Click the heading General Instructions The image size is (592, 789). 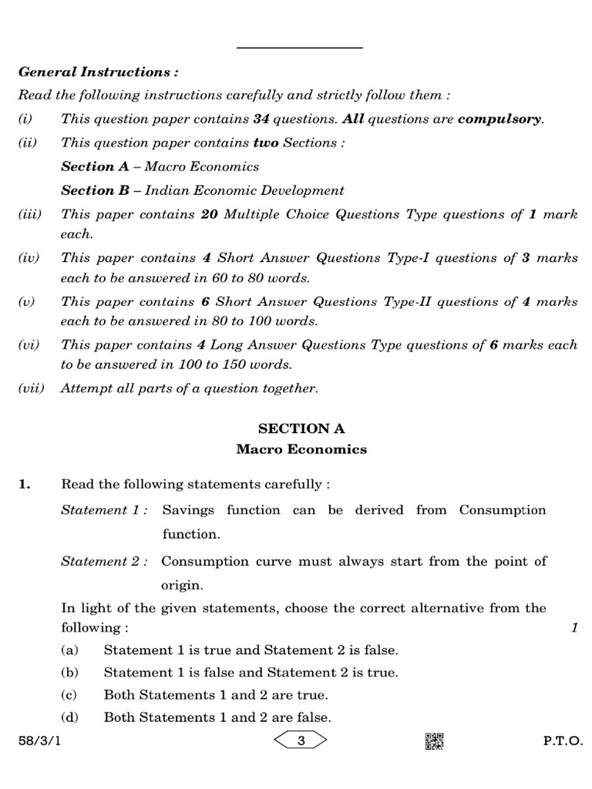click(x=98, y=72)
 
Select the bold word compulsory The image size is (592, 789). click(x=499, y=120)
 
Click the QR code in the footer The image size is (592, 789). click(x=434, y=741)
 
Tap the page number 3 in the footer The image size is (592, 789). click(x=301, y=741)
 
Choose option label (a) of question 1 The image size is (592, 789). click(x=70, y=650)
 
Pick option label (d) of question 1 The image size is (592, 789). click(x=70, y=717)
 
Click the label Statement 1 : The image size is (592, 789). click(x=105, y=510)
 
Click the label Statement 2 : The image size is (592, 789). click(x=105, y=562)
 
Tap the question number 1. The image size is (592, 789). click(x=25, y=485)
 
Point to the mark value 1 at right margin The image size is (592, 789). click(x=574, y=629)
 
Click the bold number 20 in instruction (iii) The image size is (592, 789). click(x=209, y=215)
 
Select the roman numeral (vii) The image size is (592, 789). click(x=32, y=388)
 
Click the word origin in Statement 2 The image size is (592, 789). click(x=181, y=585)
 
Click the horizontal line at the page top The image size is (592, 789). click(x=300, y=49)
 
